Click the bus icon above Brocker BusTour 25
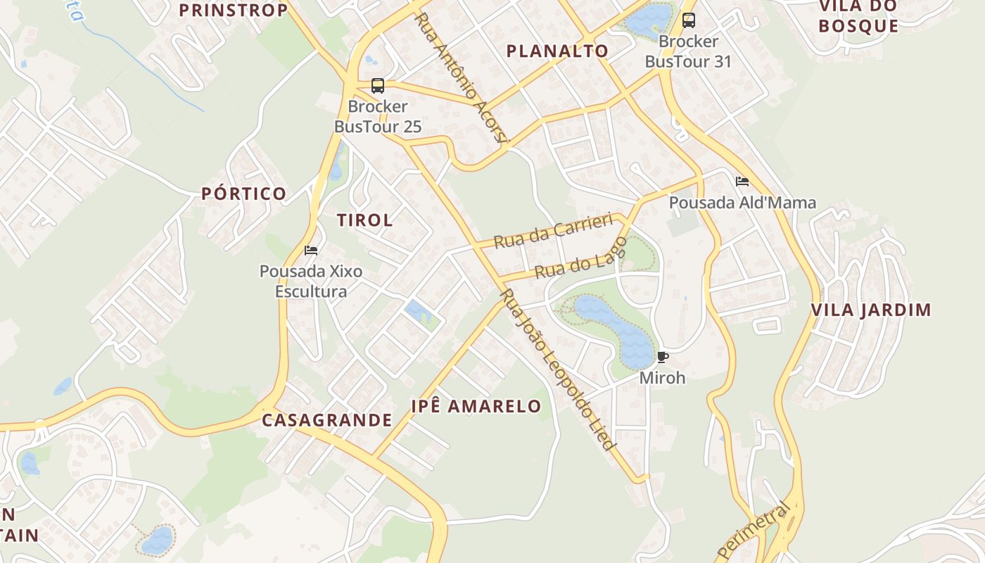378,86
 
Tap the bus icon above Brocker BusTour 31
688,20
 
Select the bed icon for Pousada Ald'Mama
742,182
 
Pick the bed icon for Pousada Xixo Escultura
311,250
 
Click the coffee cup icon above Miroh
662,357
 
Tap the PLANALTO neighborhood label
557,51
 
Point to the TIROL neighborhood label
364,220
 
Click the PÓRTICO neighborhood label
244,194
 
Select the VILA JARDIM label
871,310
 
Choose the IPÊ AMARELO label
476,406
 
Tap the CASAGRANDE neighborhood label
327,420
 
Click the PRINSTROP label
234,10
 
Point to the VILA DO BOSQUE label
859,17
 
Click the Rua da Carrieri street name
553,232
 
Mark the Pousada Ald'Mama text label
742,203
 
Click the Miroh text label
662,377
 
